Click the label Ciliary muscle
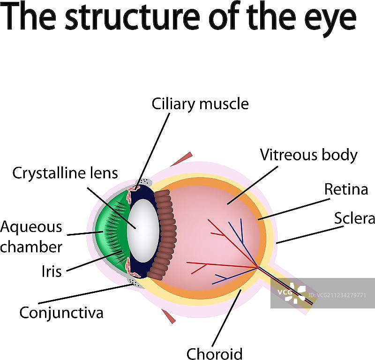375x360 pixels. tap(200, 104)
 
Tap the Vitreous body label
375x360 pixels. tap(308, 155)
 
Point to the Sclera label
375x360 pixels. tap(354, 218)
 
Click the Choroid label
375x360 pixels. tap(214, 353)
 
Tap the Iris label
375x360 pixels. tap(51, 271)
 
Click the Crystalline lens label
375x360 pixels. tap(65, 172)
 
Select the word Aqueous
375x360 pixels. tap(31, 227)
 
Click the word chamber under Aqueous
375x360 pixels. tap(31, 247)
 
